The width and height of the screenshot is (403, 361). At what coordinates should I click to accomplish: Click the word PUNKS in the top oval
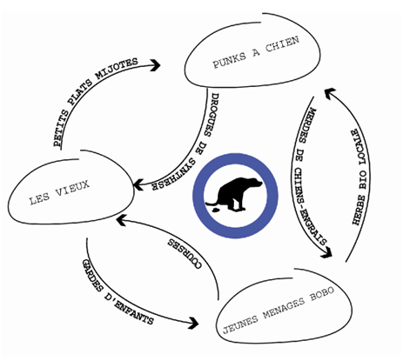coord(229,60)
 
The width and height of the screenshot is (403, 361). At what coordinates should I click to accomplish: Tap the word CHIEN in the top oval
coord(282,44)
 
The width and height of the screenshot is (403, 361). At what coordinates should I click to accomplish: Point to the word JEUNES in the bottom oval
coord(240,324)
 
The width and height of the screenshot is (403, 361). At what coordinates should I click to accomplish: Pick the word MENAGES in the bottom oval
coord(284,308)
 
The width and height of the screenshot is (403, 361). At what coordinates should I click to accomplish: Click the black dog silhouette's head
coord(255,184)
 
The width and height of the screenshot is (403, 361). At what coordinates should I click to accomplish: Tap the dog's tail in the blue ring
coord(212,203)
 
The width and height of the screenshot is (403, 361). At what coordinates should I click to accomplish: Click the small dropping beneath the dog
coord(215,210)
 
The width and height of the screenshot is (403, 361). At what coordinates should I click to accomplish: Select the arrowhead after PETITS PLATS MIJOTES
coord(156,65)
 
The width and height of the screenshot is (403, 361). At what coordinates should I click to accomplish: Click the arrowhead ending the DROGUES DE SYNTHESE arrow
coord(138,185)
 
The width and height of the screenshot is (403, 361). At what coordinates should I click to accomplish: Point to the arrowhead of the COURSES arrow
coord(121,220)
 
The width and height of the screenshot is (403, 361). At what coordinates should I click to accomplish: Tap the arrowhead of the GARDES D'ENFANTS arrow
coord(194,323)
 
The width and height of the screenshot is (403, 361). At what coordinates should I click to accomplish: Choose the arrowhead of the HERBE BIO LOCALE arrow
coord(330,93)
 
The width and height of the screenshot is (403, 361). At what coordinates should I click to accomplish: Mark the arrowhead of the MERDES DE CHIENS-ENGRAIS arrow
coord(327,252)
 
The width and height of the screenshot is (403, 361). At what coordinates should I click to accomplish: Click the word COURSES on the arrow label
coord(185,254)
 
